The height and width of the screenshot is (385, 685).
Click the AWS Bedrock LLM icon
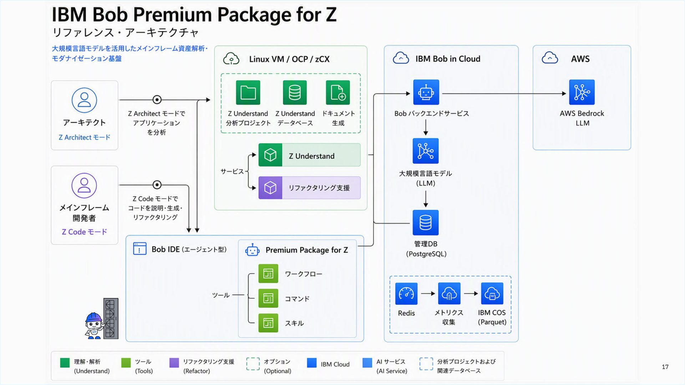coord(582,92)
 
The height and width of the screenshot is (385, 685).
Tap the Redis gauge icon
coord(406,294)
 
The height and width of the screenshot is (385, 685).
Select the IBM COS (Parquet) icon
coord(492,293)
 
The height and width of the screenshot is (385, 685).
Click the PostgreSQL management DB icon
coord(426,223)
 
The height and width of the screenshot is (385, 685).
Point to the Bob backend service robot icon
coord(426,92)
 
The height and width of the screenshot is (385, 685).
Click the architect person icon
coord(84,100)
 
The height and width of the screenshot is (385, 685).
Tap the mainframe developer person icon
coord(84,185)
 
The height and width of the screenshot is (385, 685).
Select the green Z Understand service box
coord(309,155)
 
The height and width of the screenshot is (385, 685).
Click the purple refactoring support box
coord(309,188)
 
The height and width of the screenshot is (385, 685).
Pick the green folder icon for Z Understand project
coord(248,93)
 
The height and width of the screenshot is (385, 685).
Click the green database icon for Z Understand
coord(295,93)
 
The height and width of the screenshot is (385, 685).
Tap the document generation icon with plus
coord(338,93)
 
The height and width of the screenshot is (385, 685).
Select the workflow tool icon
coord(268,273)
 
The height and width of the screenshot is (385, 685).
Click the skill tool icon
coord(268,323)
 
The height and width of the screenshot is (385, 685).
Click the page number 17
coord(665,367)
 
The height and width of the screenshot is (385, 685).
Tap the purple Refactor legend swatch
coord(174,363)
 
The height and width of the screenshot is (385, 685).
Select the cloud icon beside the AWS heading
coord(550,58)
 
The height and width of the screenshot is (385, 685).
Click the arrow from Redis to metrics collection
coord(428,294)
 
